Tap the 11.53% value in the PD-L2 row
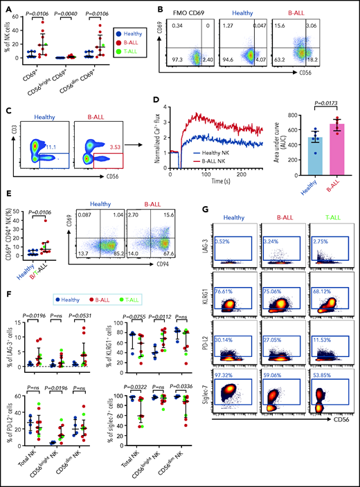[x=319, y=355]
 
